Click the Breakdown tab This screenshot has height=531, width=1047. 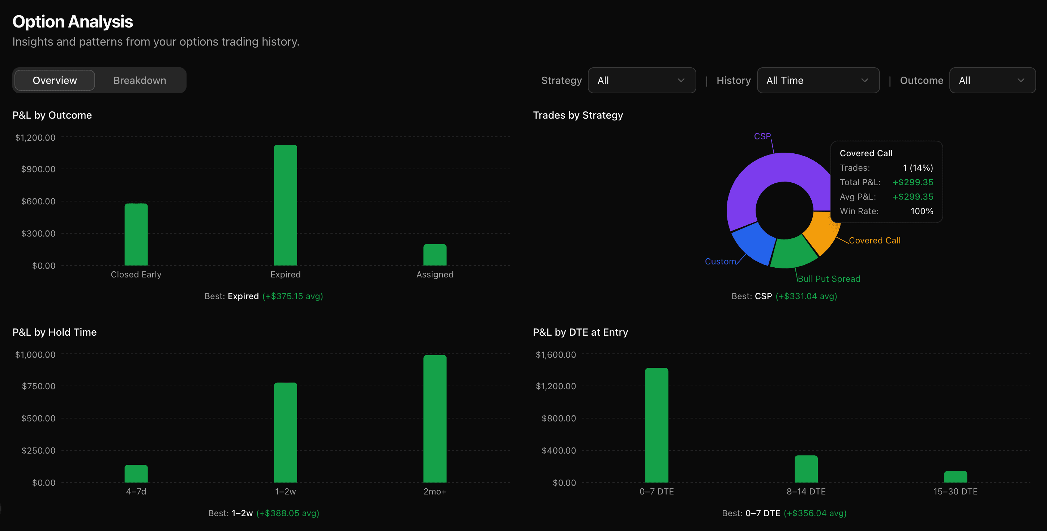[140, 81]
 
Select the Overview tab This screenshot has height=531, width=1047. [55, 81]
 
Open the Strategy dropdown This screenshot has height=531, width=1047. [641, 81]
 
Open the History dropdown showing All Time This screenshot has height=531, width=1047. [818, 81]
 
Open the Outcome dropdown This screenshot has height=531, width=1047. [992, 81]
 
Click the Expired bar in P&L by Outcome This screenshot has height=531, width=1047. [285, 205]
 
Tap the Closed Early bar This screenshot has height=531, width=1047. [136, 235]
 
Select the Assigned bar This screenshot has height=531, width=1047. [435, 255]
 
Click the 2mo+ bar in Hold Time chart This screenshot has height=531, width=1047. [435, 419]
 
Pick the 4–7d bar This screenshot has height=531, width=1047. [136, 474]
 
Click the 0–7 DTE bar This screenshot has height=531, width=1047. [657, 425]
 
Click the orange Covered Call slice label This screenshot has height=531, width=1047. [874, 241]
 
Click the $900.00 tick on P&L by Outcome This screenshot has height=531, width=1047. [38, 169]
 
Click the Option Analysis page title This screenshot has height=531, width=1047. [72, 22]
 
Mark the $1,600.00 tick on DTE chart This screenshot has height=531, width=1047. [555, 354]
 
